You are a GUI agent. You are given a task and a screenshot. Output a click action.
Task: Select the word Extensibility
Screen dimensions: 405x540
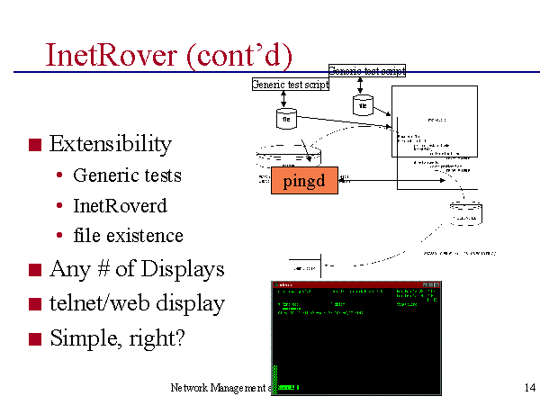[110, 144]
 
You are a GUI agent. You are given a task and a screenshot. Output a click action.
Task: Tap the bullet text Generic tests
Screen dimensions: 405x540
[127, 175]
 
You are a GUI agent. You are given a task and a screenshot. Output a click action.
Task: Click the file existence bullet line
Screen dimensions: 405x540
[128, 236]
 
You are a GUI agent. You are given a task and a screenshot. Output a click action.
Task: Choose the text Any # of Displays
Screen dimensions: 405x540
[137, 269]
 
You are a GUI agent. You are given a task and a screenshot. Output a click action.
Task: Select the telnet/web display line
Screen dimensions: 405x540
[137, 303]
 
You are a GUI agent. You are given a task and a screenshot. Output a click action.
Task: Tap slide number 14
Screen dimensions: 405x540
[529, 388]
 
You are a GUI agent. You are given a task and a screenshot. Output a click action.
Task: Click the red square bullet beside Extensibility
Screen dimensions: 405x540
[35, 145]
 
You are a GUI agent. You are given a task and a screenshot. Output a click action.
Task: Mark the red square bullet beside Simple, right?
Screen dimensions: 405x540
[35, 339]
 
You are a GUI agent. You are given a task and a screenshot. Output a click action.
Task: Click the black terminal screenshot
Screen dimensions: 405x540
[355, 337]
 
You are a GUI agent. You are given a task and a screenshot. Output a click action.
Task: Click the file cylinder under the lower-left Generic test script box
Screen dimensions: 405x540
[286, 116]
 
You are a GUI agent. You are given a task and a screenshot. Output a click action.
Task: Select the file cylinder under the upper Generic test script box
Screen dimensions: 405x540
[362, 104]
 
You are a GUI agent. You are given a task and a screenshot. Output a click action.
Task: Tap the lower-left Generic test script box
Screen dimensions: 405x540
[290, 85]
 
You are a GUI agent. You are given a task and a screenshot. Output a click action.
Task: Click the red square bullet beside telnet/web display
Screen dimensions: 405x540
[35, 304]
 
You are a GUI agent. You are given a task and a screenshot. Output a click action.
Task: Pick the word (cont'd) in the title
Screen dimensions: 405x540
[239, 56]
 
